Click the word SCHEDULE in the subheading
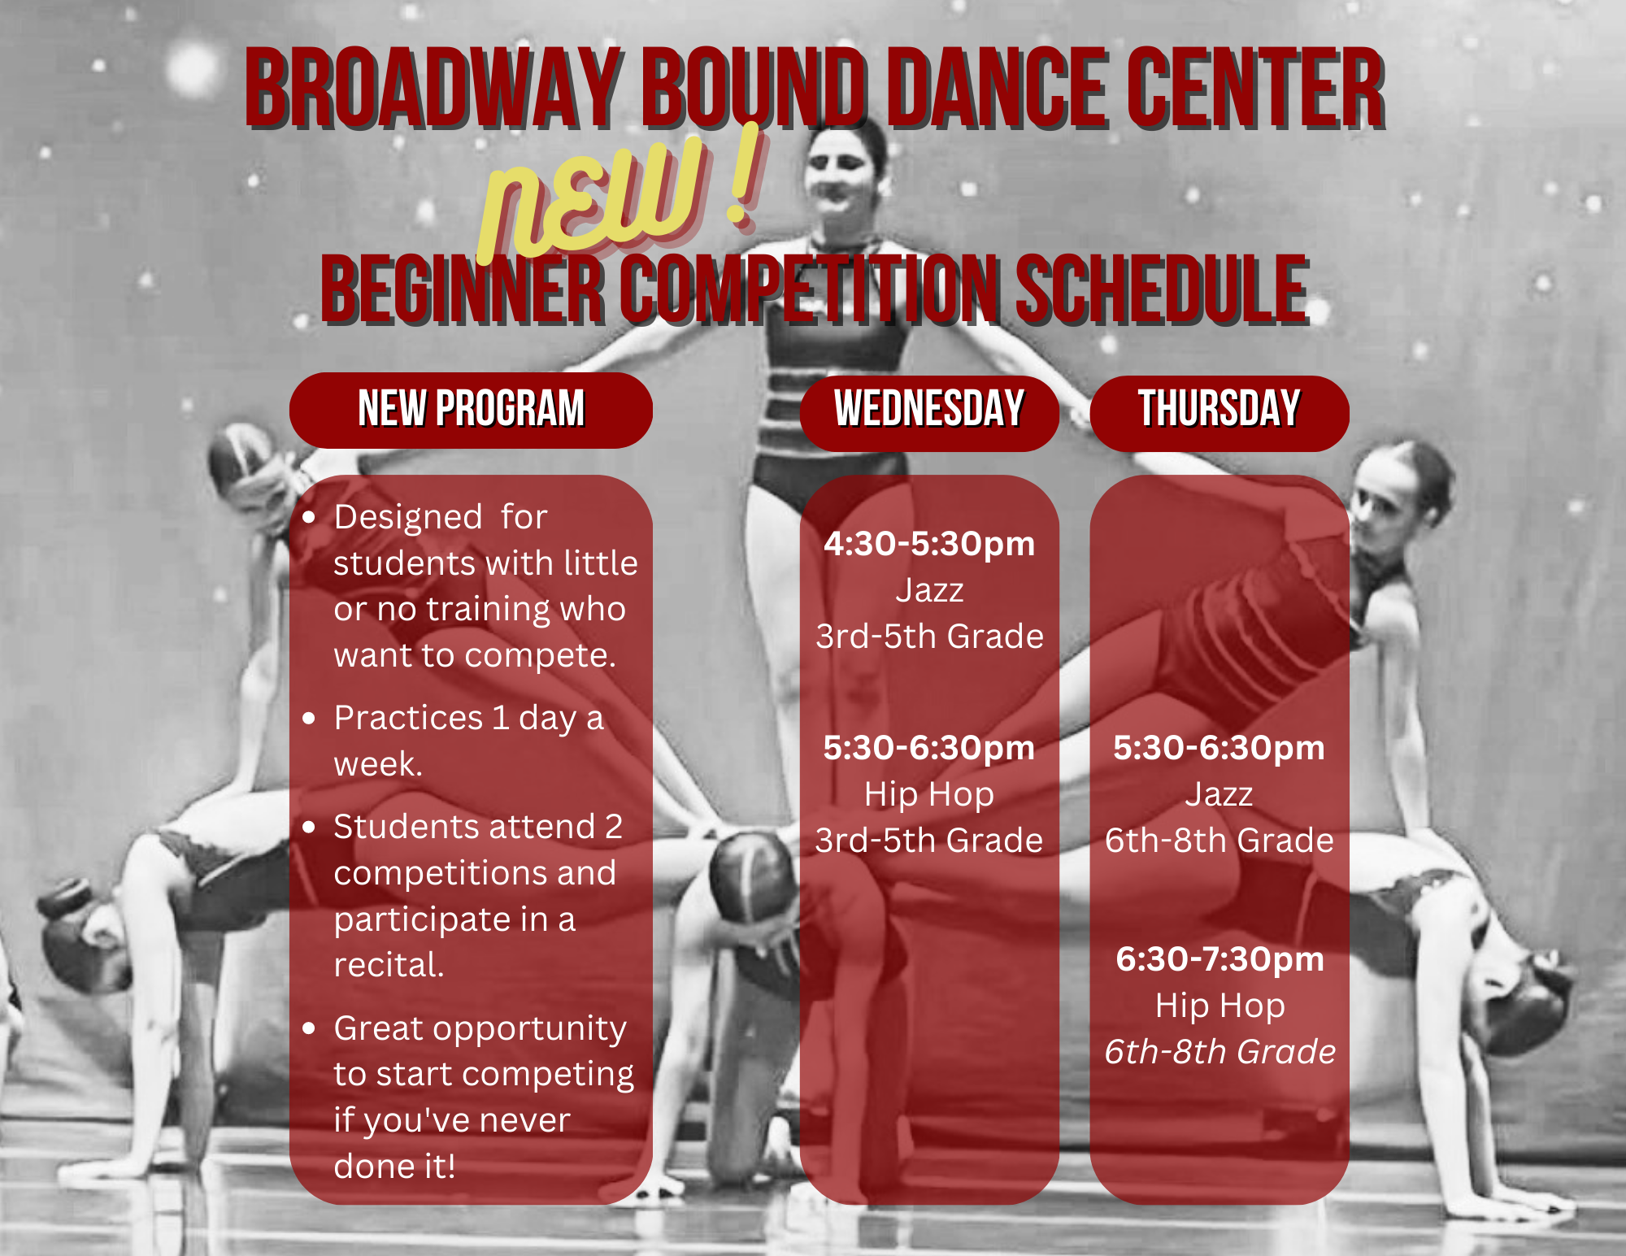(x=1163, y=289)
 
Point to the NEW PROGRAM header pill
(x=471, y=410)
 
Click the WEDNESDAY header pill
(x=929, y=412)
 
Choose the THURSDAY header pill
(x=1219, y=412)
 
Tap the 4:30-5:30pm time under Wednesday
(x=929, y=544)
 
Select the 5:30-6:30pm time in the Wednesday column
(x=929, y=748)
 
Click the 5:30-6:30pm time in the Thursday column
(x=1219, y=748)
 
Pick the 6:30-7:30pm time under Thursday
(x=1219, y=959)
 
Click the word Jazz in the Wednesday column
(x=929, y=590)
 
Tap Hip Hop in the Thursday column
(x=1220, y=1006)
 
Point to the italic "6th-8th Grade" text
(x=1219, y=1052)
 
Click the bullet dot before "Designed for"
(x=308, y=517)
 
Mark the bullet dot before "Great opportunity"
(x=308, y=1028)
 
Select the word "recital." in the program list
(x=389, y=965)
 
